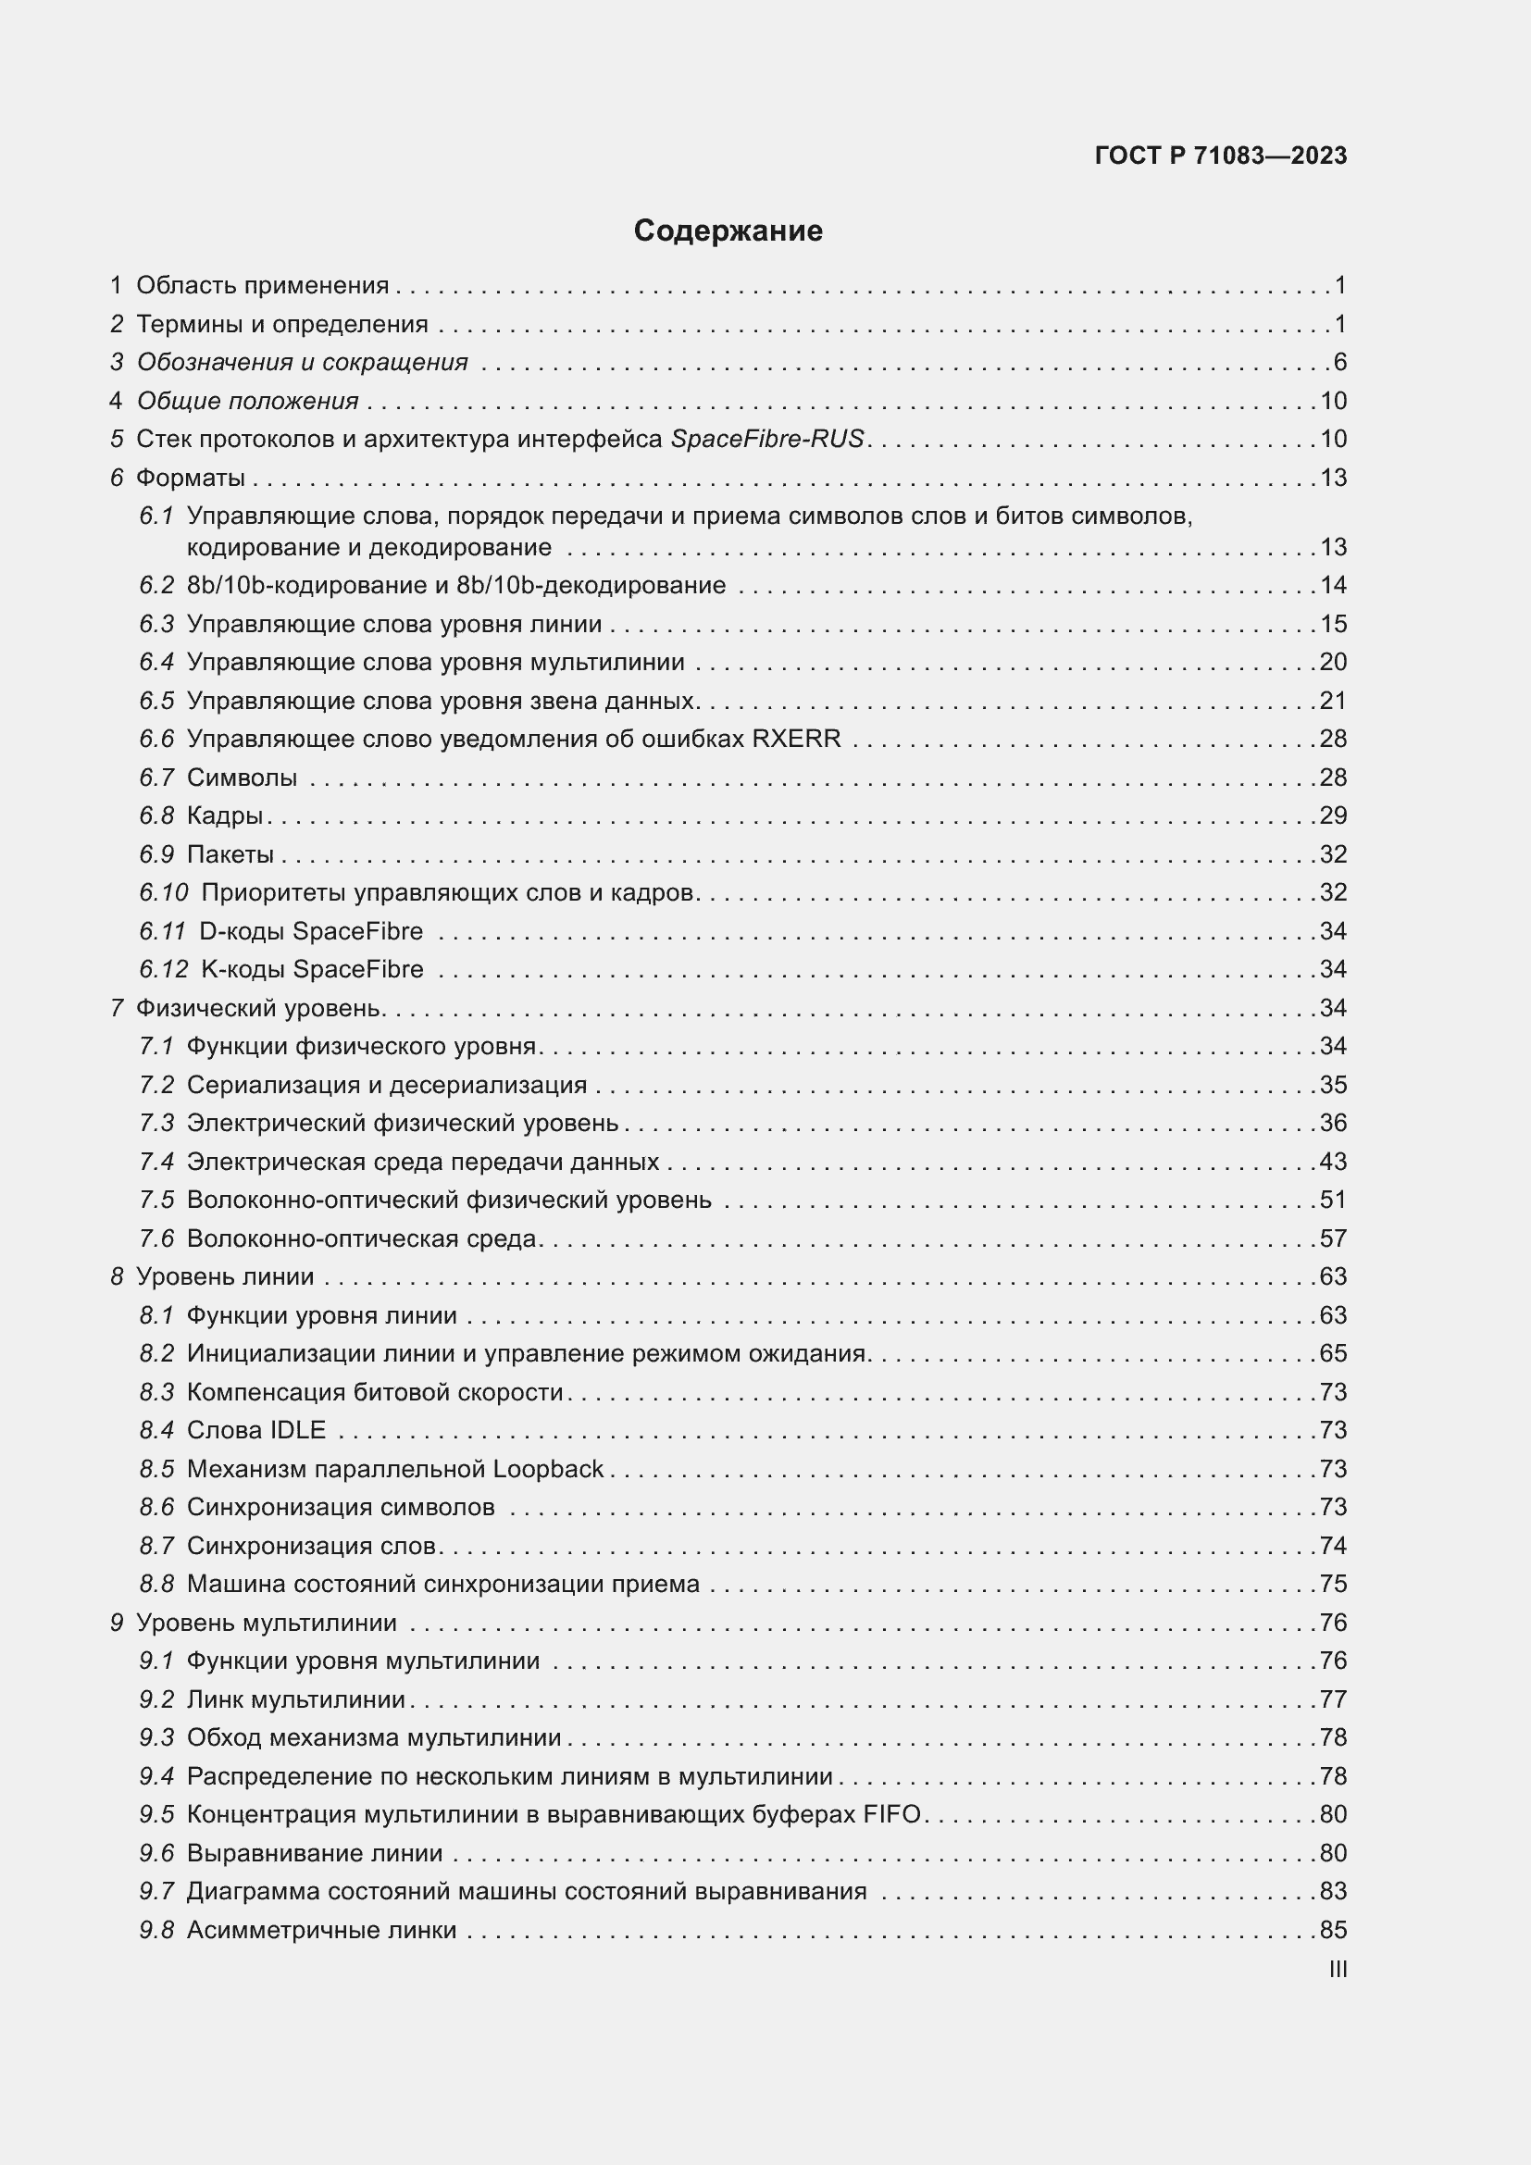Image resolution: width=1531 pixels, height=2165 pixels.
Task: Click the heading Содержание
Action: pyautogui.click(x=727, y=231)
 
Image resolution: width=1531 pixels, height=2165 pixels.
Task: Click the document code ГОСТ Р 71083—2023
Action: pyautogui.click(x=1220, y=156)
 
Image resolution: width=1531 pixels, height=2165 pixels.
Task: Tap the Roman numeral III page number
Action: pyautogui.click(x=1337, y=1970)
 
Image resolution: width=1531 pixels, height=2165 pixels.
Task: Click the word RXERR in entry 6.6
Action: pyautogui.click(x=796, y=739)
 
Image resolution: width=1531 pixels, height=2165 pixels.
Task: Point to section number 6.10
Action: pyautogui.click(x=163, y=892)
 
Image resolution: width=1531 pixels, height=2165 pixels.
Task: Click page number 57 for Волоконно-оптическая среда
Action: pyautogui.click(x=1332, y=1238)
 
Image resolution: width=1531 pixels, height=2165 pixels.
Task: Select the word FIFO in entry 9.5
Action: pyautogui.click(x=890, y=1814)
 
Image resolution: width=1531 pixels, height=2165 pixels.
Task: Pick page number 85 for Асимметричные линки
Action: pyautogui.click(x=1332, y=1930)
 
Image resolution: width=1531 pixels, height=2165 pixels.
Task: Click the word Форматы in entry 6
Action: pyautogui.click(x=191, y=478)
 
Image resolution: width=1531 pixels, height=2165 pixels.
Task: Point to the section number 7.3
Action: pyautogui.click(x=156, y=1123)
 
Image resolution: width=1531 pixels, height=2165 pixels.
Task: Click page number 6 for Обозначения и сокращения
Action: pyautogui.click(x=1339, y=363)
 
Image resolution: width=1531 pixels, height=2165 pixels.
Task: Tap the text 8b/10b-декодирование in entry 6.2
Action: pyautogui.click(x=591, y=586)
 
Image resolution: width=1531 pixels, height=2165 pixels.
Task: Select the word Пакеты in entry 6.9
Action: pyautogui.click(x=230, y=854)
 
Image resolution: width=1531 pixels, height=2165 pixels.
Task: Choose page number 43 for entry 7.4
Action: pyautogui.click(x=1332, y=1162)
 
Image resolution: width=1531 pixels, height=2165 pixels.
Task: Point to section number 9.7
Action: pyautogui.click(x=156, y=1892)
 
